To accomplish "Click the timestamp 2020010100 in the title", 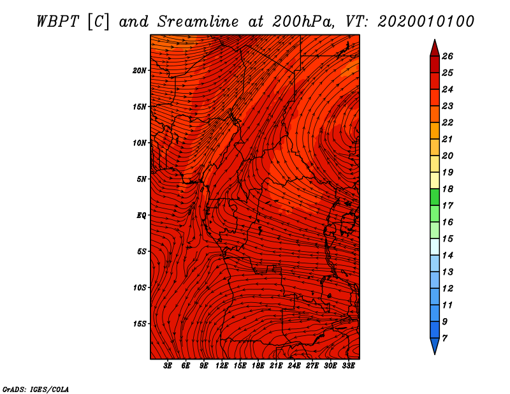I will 426,20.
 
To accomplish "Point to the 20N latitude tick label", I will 140,70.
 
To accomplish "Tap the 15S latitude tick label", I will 140,324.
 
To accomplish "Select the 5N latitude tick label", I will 142,179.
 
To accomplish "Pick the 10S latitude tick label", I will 140,288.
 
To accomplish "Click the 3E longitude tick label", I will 168,366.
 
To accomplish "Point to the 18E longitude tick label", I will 258,366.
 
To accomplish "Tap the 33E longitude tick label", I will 348,366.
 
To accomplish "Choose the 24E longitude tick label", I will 294,366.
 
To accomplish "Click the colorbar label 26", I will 447,56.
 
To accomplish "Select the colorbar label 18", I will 447,189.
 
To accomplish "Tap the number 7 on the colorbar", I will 444,337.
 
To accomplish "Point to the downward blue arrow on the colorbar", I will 434,346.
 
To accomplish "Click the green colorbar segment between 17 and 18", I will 434,198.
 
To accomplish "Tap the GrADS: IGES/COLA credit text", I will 36,388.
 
